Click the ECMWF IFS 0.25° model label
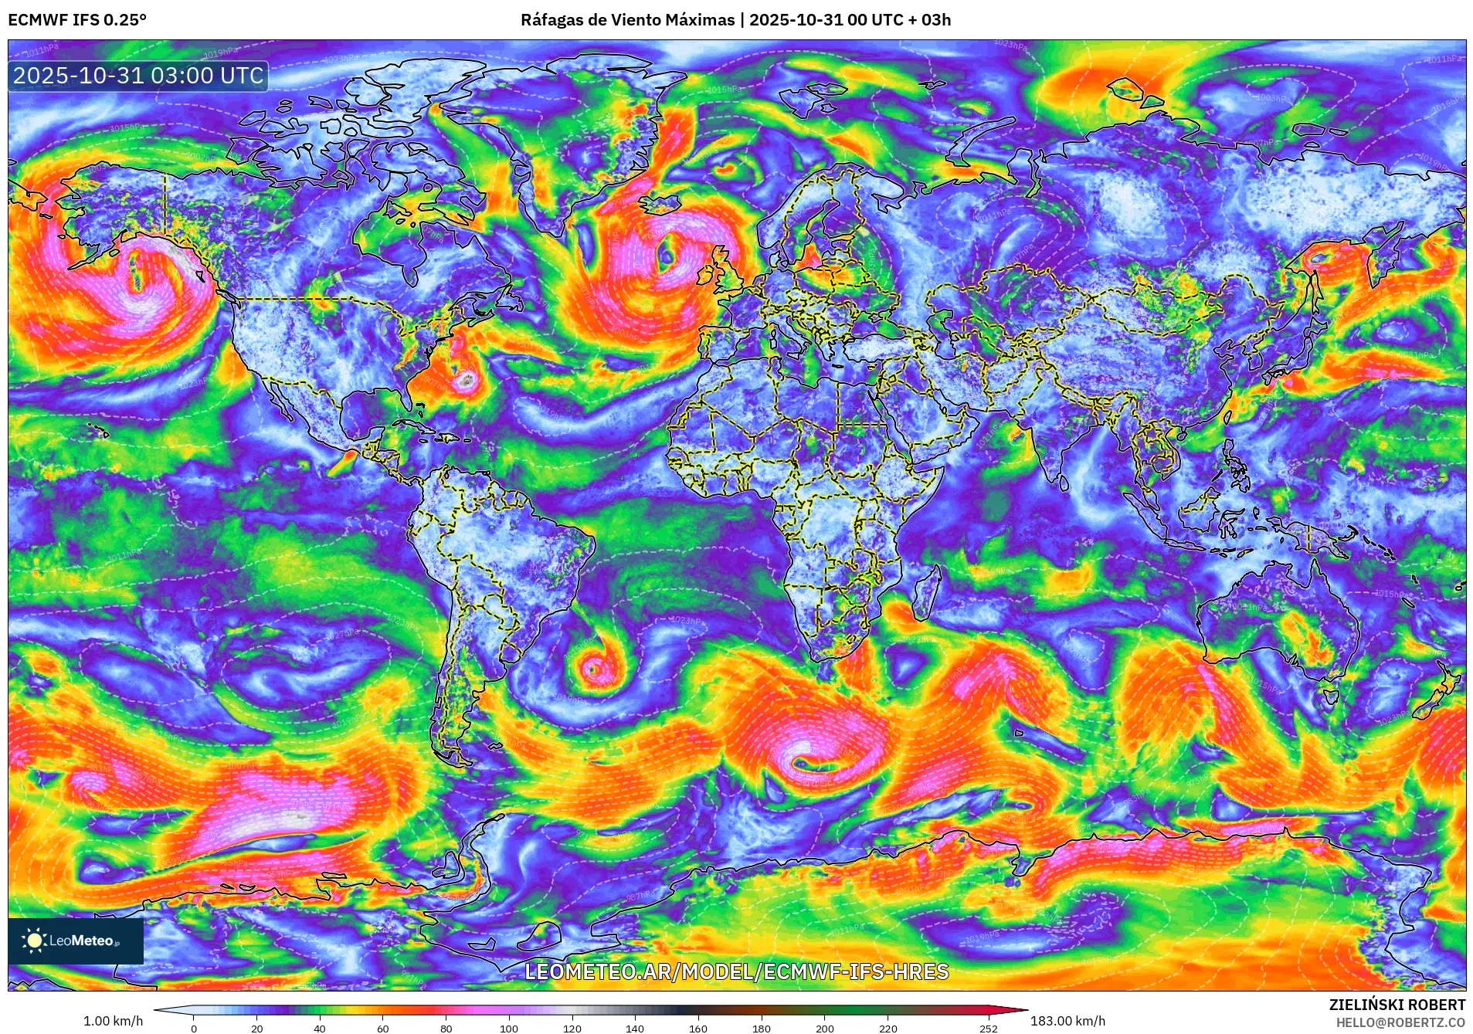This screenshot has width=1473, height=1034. coord(77,20)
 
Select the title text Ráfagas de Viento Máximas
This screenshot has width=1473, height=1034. coord(627,20)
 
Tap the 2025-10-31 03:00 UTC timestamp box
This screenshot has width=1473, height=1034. coord(138,76)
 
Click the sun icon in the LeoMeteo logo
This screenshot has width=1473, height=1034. coord(34,940)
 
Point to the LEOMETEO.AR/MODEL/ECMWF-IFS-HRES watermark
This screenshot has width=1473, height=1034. coord(736,971)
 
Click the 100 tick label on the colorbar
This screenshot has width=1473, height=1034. coord(508,1029)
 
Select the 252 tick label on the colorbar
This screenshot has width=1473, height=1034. coord(988,1029)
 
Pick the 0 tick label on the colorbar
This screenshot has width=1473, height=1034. coord(194,1029)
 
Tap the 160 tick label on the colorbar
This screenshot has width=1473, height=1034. coord(697,1029)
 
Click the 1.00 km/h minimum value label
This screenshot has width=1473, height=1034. coord(113,1021)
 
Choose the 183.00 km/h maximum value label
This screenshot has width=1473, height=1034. coord(1067,1021)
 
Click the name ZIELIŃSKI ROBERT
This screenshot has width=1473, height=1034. coord(1397,1005)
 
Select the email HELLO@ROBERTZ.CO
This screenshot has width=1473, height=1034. coord(1400,1022)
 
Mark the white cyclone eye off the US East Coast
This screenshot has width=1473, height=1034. coord(467,379)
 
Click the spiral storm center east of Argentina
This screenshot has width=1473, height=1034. coord(592,669)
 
